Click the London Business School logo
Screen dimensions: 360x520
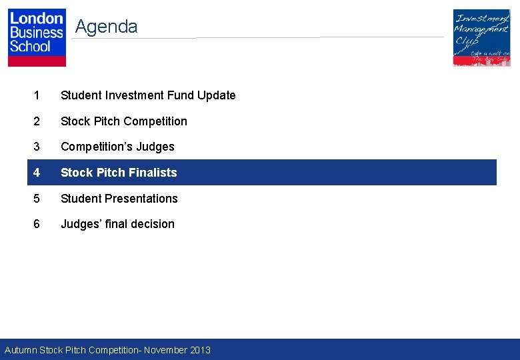point(37,37)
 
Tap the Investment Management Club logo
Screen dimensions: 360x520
point(481,37)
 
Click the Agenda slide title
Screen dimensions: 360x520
point(106,27)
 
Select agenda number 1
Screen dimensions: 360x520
point(37,95)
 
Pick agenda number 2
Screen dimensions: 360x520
point(37,121)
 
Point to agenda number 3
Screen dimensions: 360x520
point(37,147)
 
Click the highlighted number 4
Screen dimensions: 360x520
point(37,173)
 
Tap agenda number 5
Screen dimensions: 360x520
point(37,199)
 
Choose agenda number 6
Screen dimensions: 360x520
point(37,224)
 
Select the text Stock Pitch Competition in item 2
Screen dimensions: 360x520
point(124,121)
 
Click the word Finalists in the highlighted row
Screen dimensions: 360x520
point(153,173)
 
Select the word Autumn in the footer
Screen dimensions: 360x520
point(21,350)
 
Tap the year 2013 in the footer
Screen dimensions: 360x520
point(199,350)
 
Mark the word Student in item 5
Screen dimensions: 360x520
point(79,199)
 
